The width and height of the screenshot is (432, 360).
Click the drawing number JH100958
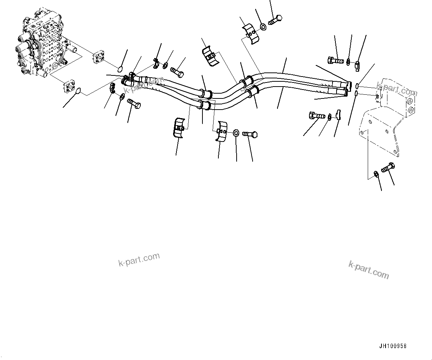[393, 346]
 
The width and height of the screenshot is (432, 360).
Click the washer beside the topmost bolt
[263, 27]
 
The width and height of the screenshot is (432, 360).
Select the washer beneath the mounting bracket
[376, 173]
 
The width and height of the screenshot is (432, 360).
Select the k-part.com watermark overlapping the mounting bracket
[397, 90]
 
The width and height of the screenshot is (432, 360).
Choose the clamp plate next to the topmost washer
[250, 34]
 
